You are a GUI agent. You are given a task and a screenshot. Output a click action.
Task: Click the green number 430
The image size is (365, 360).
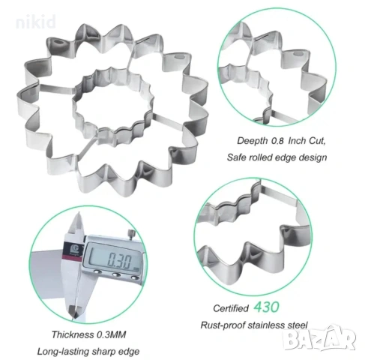point(266,307)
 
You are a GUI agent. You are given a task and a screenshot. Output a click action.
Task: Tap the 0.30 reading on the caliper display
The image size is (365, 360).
point(119,260)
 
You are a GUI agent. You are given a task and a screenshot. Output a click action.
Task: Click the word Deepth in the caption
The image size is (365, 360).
point(253,141)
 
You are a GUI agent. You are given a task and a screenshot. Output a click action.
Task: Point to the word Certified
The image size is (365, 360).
point(231,308)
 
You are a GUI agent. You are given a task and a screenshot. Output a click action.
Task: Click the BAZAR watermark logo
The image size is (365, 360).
point(319,338)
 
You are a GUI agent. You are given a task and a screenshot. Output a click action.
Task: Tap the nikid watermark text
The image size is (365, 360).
point(36,22)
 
